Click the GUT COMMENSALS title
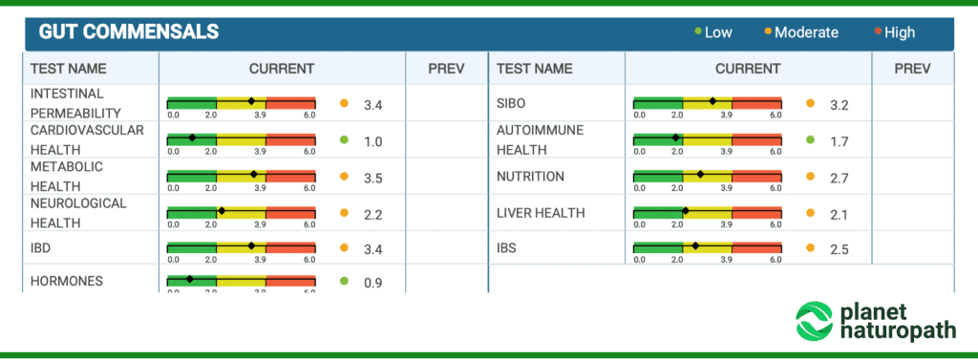pyautogui.click(x=129, y=32)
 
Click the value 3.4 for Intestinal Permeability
pyautogui.click(x=372, y=104)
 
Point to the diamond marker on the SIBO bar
pyautogui.click(x=712, y=101)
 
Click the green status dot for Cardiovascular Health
pyautogui.click(x=344, y=140)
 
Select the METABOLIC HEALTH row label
pyautogui.click(x=67, y=177)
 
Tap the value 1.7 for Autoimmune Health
pyautogui.click(x=839, y=141)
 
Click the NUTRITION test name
pyautogui.click(x=530, y=177)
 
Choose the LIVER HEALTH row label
pyautogui.click(x=541, y=213)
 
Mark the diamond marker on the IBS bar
pyautogui.click(x=695, y=246)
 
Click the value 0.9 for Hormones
pyautogui.click(x=372, y=282)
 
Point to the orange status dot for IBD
pyautogui.click(x=344, y=248)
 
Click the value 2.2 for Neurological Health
pyautogui.click(x=372, y=214)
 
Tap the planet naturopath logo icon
pyautogui.click(x=815, y=321)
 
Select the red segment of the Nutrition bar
pyautogui.click(x=756, y=174)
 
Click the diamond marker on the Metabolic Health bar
pyautogui.click(x=253, y=174)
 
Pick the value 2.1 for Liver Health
pyautogui.click(x=839, y=214)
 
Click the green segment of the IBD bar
pyautogui.click(x=191, y=246)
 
